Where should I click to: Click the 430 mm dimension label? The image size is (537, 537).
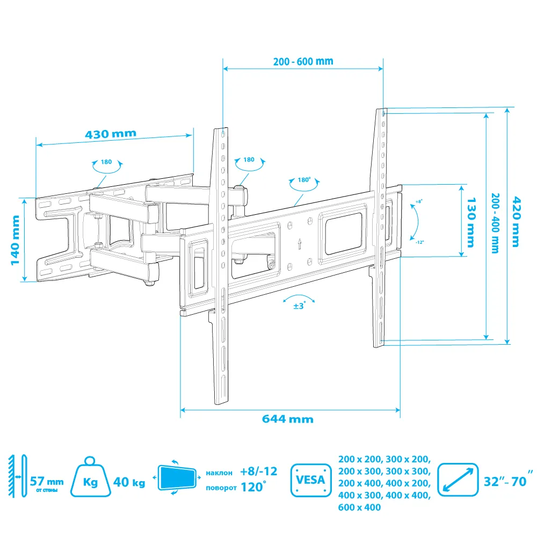[111, 134]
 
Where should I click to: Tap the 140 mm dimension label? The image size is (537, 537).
[15, 240]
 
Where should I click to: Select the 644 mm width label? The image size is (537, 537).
[288, 419]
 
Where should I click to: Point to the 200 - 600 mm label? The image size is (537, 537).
[303, 62]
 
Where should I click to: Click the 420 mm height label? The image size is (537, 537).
[516, 222]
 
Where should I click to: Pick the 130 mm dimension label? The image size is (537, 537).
[471, 222]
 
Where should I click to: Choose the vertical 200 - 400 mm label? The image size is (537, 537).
[495, 223]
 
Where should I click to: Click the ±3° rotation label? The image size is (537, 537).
[299, 306]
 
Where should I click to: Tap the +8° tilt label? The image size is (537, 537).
[419, 202]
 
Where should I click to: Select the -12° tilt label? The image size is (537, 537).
[420, 242]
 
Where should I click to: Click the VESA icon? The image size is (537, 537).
[310, 480]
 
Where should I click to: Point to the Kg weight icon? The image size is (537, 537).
[90, 476]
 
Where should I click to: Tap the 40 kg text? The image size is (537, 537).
[129, 482]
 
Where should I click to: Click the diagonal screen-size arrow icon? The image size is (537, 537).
[458, 480]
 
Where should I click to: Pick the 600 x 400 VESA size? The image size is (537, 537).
[359, 507]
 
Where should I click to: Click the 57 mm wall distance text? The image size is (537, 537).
[47, 482]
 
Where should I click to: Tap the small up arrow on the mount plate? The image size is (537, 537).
[300, 244]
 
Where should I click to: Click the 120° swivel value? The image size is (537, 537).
[253, 487]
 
